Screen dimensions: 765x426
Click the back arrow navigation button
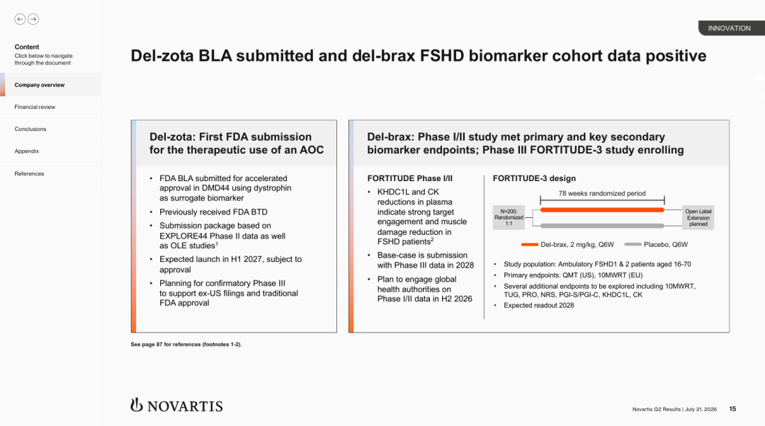(20, 19)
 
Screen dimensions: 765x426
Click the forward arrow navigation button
(33, 19)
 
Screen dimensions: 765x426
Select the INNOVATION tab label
(730, 28)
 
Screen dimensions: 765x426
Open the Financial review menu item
(35, 107)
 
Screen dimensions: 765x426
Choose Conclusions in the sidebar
(30, 129)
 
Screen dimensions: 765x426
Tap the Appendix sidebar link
(27, 151)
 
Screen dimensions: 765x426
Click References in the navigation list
(29, 173)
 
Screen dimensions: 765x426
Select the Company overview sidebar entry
(40, 85)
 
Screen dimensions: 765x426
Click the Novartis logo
(176, 405)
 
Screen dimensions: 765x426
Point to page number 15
(732, 409)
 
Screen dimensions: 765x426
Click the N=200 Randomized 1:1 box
(509, 217)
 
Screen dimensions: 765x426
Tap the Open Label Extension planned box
(698, 218)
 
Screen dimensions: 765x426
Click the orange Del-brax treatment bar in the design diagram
(602, 209)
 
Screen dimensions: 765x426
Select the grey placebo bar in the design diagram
(602, 226)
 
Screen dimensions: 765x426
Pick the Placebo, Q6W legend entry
(656, 245)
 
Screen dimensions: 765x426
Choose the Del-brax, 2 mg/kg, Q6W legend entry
(567, 245)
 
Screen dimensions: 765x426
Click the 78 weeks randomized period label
(602, 193)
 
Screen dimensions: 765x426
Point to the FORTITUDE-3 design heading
(534, 178)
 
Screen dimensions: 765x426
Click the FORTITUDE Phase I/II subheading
(410, 178)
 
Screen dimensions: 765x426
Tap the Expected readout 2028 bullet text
(538, 306)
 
